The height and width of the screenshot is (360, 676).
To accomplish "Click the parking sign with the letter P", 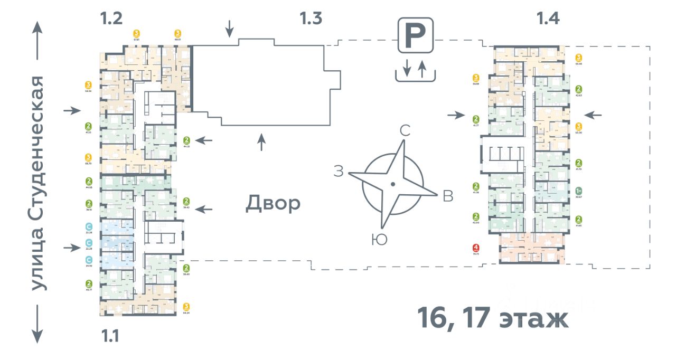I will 416,35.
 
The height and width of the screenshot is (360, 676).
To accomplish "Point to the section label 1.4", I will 548,19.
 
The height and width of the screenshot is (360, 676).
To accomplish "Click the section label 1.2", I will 111,19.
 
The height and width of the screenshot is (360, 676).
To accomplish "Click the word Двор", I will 273,203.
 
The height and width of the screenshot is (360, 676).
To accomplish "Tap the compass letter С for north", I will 405,131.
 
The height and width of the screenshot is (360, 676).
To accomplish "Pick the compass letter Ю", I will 379,240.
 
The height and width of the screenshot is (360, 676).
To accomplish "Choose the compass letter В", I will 447,196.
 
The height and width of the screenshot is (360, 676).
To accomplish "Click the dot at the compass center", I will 393,184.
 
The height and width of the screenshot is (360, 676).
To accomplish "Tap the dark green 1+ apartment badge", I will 579,191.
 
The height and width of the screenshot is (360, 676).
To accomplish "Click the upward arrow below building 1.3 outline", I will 261,142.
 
